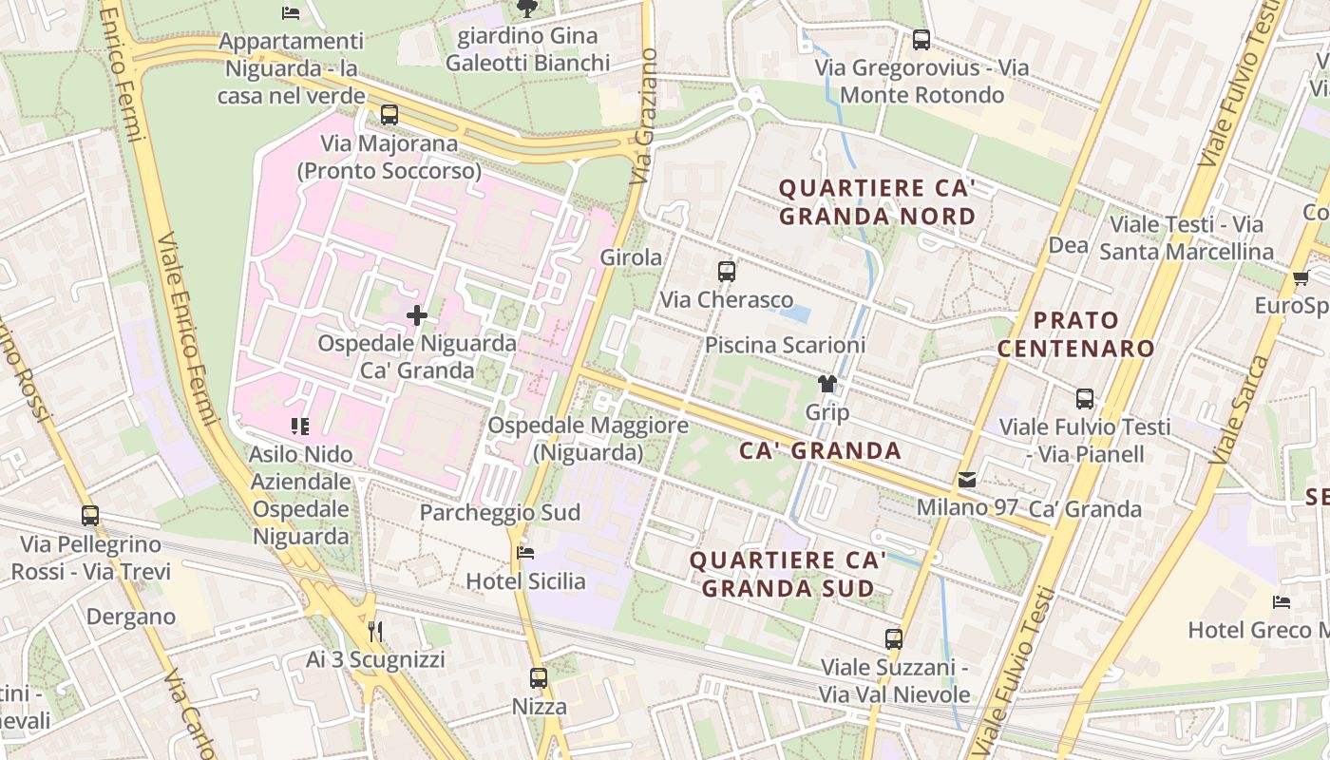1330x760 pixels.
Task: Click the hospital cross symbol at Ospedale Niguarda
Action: coord(416,315)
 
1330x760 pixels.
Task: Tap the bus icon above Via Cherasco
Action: coord(727,272)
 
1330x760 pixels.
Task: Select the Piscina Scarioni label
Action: coord(785,345)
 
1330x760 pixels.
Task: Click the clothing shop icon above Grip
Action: coord(827,385)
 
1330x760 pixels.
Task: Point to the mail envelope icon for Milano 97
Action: coord(967,481)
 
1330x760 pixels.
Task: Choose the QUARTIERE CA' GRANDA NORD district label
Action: coord(877,201)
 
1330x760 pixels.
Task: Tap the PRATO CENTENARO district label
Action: coord(1076,333)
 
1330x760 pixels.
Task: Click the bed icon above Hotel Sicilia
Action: coord(525,553)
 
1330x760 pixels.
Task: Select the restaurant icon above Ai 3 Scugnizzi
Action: coord(375,632)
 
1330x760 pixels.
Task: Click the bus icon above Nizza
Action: coord(539,678)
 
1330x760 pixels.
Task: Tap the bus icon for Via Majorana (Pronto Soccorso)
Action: coord(389,115)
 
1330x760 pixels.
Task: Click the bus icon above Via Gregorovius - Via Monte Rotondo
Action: coord(921,40)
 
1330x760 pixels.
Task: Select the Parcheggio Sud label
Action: coord(500,512)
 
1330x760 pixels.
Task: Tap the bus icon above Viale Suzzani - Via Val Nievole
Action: coord(894,639)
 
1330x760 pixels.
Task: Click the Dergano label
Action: coord(131,617)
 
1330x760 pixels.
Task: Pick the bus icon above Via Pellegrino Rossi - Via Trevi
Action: coord(90,516)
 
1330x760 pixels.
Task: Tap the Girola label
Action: coord(631,256)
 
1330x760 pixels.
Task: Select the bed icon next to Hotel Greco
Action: coord(1282,602)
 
